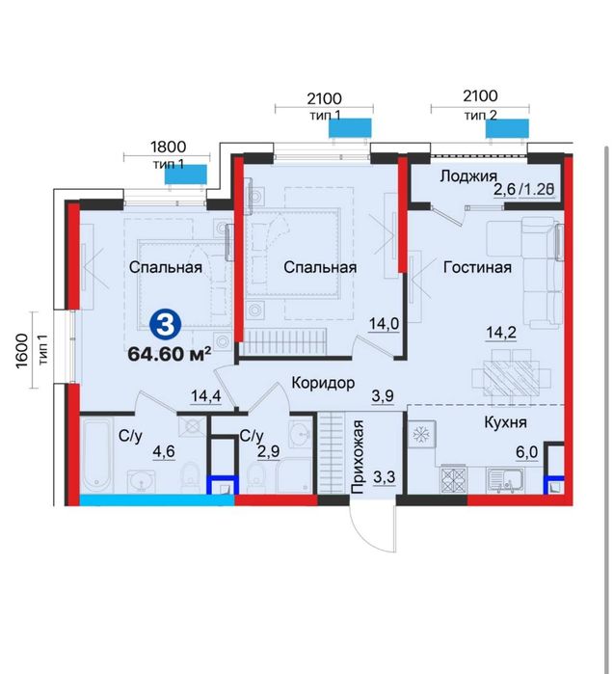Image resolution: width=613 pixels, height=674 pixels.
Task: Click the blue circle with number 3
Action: pos(166,325)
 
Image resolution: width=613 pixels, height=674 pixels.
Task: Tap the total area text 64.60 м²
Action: pos(170,354)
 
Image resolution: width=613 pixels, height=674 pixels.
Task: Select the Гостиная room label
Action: pos(477,267)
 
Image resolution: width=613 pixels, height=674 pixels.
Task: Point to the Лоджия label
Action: pos(468,176)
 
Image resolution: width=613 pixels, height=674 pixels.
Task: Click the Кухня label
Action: pos(505,422)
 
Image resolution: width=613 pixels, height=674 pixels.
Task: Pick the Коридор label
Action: pos(323,383)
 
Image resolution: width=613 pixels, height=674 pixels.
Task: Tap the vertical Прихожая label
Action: pos(358,456)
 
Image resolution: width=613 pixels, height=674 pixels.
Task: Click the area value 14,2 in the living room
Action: pos(501,333)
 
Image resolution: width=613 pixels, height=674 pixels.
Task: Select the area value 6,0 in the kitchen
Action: pos(527,452)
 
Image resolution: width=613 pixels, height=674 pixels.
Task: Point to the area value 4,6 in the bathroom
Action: pos(164,452)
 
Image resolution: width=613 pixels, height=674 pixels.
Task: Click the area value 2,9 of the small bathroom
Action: pos(269,451)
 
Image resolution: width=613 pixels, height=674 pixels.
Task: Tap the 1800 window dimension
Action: pos(168,147)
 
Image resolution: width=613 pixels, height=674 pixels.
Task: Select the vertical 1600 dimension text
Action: pos(21,351)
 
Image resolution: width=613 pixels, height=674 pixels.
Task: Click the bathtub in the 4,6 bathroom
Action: pos(97,456)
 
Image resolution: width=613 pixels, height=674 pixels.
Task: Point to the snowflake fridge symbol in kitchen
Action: pos(421,435)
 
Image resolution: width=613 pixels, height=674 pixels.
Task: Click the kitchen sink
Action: pos(505,480)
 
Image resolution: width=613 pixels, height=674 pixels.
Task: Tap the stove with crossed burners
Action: pos(454,479)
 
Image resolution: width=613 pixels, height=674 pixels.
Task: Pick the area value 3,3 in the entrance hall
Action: pos(384,477)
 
